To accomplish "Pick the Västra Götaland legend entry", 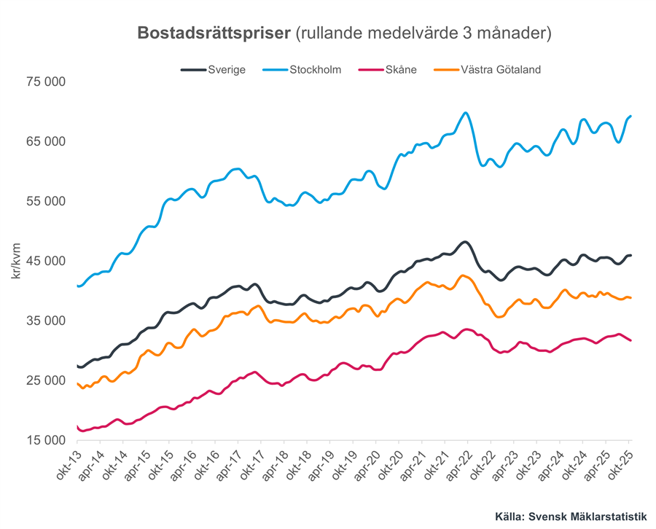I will point(488,70).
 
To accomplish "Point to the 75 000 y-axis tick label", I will point(45,82).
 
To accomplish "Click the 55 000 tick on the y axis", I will point(45,202).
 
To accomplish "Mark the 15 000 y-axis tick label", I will point(45,440).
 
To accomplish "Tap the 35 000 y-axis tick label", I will point(45,321).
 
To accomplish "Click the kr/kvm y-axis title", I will point(16,261).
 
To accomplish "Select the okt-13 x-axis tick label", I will point(68,466).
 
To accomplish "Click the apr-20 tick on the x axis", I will point(366,466).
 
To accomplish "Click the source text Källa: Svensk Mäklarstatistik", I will point(571,516).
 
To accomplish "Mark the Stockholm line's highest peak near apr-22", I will point(465,113).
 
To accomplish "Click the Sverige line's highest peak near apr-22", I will point(464,241).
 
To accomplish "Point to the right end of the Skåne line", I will point(630,340).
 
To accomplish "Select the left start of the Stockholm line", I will point(77,286).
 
